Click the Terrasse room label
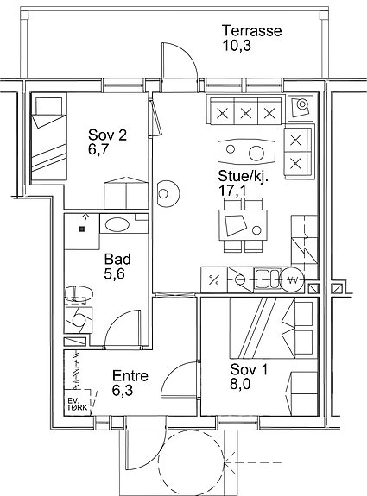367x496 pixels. pyautogui.click(x=252, y=31)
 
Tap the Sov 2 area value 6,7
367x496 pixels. pyautogui.click(x=98, y=149)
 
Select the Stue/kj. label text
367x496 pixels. pyautogui.click(x=244, y=176)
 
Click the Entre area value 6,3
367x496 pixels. pyautogui.click(x=123, y=391)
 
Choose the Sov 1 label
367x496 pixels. pyautogui.click(x=249, y=369)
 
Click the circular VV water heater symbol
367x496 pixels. pyautogui.click(x=292, y=280)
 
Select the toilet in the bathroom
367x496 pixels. pyautogui.click(x=79, y=294)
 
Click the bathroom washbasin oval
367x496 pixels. pyautogui.click(x=117, y=225)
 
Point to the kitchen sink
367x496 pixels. pyautogui.click(x=268, y=279)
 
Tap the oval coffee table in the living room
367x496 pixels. pyautogui.click(x=246, y=152)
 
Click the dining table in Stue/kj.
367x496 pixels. pyautogui.click(x=243, y=225)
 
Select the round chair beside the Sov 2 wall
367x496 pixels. pyautogui.click(x=168, y=193)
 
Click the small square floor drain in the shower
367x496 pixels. pyautogui.click(x=82, y=229)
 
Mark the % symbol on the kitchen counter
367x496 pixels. pyautogui.click(x=214, y=279)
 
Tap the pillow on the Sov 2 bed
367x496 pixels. pyautogui.click(x=48, y=106)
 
